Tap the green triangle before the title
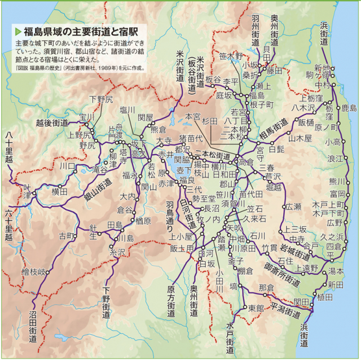coord(19,31)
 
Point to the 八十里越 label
coord(8,147)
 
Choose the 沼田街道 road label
coord(34,327)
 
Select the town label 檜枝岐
coord(33,271)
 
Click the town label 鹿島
coord(349,108)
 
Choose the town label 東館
coord(256,308)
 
